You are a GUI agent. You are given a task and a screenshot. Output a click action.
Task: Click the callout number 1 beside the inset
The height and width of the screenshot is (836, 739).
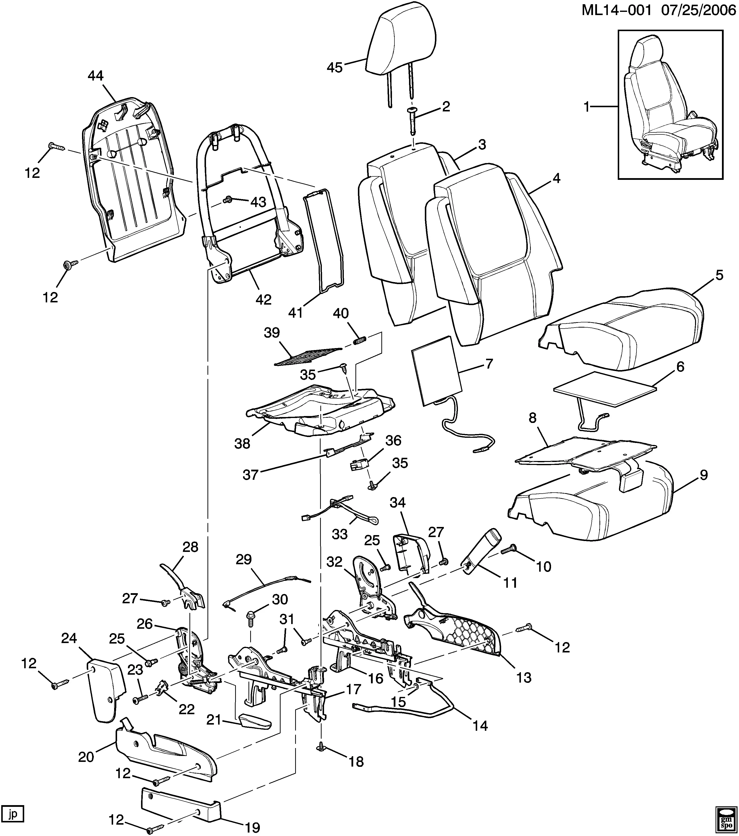click(587, 107)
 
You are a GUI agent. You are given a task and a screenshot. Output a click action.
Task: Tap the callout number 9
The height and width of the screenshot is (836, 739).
click(703, 475)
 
